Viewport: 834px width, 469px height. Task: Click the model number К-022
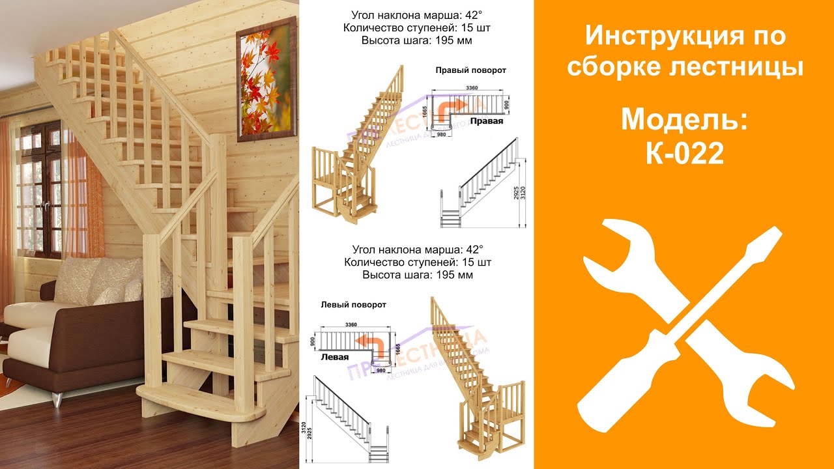click(x=683, y=154)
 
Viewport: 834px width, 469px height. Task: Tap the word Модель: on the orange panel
click(x=683, y=120)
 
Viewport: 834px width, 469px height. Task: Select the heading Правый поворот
click(x=470, y=70)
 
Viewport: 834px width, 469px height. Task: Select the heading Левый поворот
click(x=353, y=304)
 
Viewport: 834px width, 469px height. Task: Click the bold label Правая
click(x=487, y=121)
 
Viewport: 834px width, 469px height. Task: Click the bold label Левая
click(x=334, y=357)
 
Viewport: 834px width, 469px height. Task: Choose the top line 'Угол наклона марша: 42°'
click(x=416, y=15)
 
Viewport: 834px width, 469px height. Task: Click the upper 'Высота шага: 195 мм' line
click(x=416, y=40)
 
